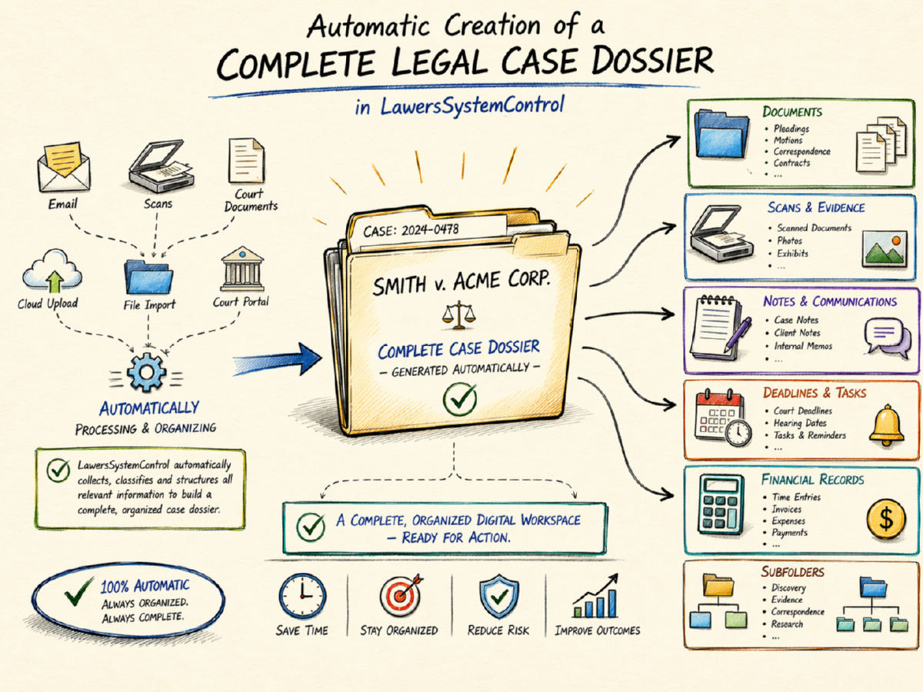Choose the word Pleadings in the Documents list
pos(791,129)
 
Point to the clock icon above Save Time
pos(302,597)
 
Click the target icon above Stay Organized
pos(398,596)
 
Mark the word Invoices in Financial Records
pos(787,509)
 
